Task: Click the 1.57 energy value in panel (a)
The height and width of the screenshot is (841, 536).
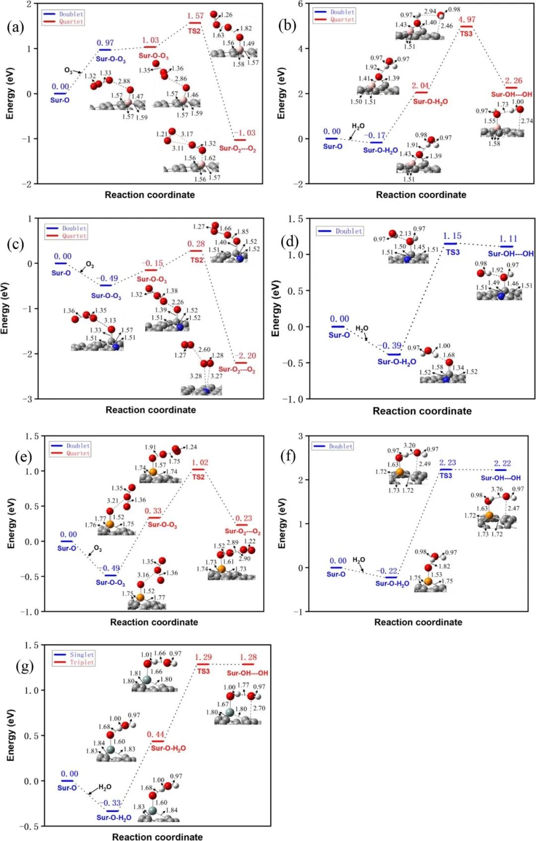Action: (x=195, y=16)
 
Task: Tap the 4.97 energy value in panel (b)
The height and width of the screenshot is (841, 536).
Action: (x=467, y=19)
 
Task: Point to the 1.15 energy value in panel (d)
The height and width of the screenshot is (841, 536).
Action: (x=452, y=236)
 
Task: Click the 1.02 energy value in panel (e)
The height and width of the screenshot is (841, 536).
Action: (x=200, y=462)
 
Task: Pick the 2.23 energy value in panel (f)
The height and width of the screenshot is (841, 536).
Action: (x=447, y=462)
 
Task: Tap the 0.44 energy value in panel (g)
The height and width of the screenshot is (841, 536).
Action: (x=155, y=734)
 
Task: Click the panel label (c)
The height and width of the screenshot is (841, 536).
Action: (x=15, y=244)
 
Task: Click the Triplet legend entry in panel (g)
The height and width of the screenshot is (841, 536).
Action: (x=81, y=663)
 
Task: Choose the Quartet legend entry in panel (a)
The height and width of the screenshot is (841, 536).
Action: (x=71, y=22)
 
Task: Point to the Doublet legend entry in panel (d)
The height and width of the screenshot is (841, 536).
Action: (x=348, y=231)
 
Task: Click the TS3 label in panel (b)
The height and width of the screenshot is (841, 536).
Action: (x=466, y=34)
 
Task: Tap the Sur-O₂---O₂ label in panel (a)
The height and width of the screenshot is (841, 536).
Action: (x=238, y=148)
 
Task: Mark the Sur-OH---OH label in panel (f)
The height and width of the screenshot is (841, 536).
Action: (x=500, y=478)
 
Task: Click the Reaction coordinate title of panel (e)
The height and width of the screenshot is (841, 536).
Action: (x=154, y=622)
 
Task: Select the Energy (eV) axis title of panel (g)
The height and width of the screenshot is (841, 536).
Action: (x=10, y=735)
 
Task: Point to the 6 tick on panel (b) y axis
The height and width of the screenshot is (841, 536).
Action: (x=300, y=4)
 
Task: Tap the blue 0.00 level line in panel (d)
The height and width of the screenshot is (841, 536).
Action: (x=338, y=327)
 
